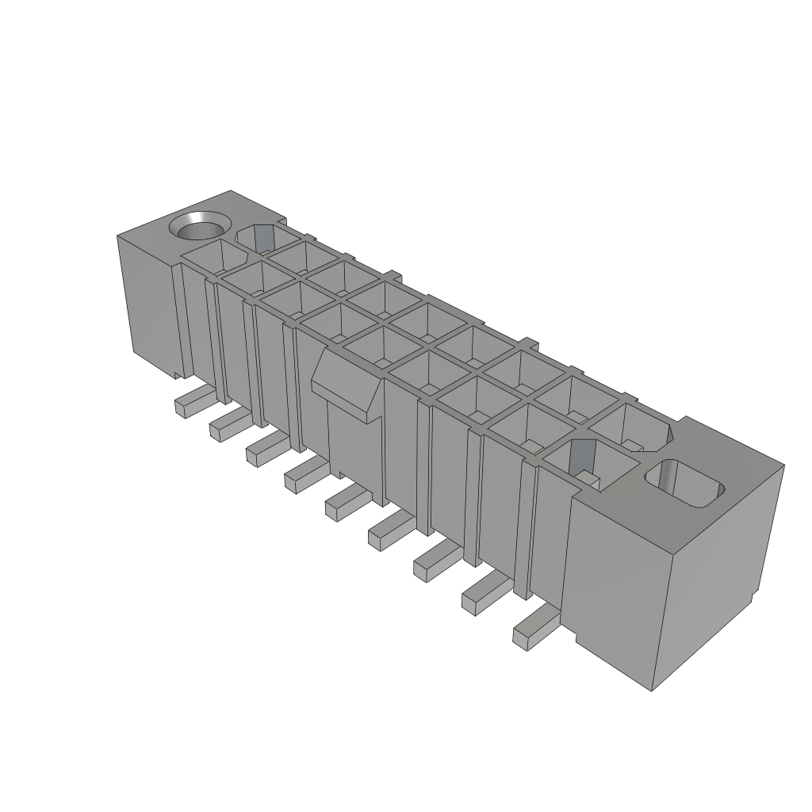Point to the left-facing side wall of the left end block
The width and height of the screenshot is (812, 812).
[x=147, y=301]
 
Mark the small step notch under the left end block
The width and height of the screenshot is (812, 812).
[x=176, y=372]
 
